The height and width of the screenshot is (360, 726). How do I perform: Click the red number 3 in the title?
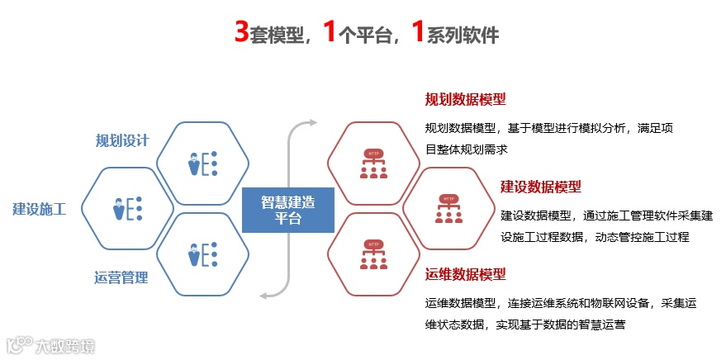click(242, 33)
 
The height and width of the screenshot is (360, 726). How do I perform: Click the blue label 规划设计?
click(122, 140)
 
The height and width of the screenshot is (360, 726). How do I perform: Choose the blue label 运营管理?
click(121, 277)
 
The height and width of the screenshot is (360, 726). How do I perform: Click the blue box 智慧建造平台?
click(288, 210)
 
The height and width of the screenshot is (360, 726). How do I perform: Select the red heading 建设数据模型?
click(541, 187)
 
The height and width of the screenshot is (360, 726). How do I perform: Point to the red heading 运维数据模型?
click(465, 274)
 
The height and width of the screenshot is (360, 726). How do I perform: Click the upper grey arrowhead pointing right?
click(311, 123)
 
